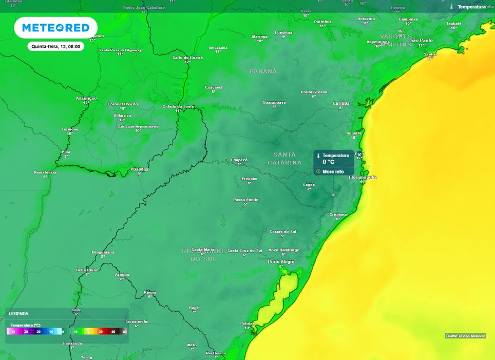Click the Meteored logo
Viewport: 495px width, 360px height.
pos(55,28)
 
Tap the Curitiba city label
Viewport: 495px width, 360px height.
pos(341,103)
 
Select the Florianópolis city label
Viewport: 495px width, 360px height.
pos(363,177)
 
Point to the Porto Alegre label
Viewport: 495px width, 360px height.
pos(281,262)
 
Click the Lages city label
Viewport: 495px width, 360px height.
pos(309,184)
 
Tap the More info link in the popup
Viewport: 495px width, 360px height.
pos(333,172)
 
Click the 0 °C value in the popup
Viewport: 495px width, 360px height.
pos(329,162)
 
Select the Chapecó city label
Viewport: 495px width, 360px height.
pos(239,160)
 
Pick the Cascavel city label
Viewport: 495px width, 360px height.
pos(214,87)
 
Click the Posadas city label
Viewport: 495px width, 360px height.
pos(139,169)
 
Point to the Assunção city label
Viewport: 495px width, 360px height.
pos(86,98)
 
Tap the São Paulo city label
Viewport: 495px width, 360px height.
pos(422,40)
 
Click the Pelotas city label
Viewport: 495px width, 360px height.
pos(247,323)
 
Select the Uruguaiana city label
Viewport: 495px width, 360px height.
pos(103,252)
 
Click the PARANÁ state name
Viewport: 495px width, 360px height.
pos(263,71)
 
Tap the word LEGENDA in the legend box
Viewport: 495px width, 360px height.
pos(19,313)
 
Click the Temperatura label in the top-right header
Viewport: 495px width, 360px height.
pos(471,7)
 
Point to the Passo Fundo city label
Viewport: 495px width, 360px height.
pos(246,200)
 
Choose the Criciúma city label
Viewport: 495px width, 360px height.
pos(338,214)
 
